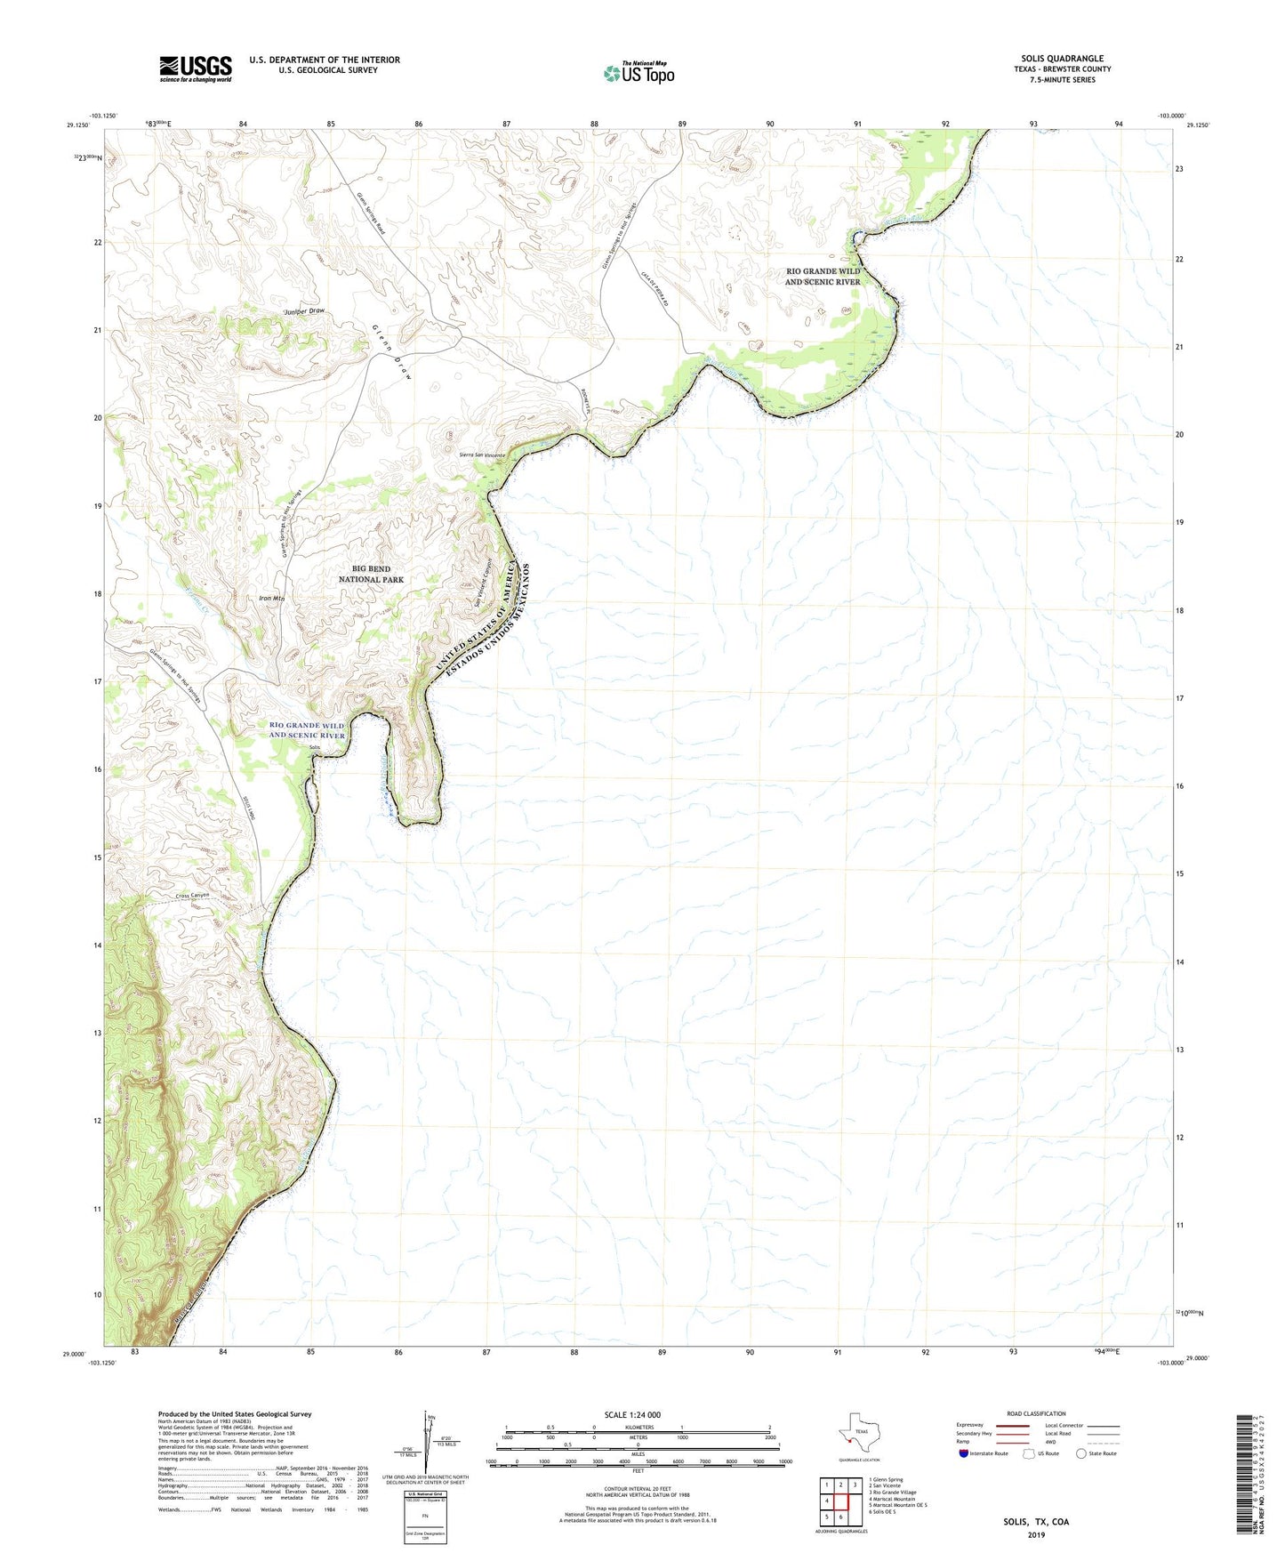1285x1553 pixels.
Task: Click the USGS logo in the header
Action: pyautogui.click(x=196, y=68)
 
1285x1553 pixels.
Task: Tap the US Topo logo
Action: pyautogui.click(x=638, y=73)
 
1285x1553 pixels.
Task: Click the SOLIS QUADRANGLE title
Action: pyautogui.click(x=1062, y=59)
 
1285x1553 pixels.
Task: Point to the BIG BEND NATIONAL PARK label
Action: pyautogui.click(x=371, y=574)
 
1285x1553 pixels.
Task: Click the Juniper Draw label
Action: pyautogui.click(x=304, y=311)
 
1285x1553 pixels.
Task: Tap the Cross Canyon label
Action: pyautogui.click(x=197, y=896)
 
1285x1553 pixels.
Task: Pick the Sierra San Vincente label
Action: pyautogui.click(x=482, y=455)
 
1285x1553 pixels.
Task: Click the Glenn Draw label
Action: pyautogui.click(x=392, y=352)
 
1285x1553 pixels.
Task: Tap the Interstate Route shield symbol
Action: pyautogui.click(x=964, y=1453)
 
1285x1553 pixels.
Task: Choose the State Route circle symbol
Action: pyautogui.click(x=1081, y=1453)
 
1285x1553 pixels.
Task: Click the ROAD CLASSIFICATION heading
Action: pyautogui.click(x=1036, y=1413)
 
